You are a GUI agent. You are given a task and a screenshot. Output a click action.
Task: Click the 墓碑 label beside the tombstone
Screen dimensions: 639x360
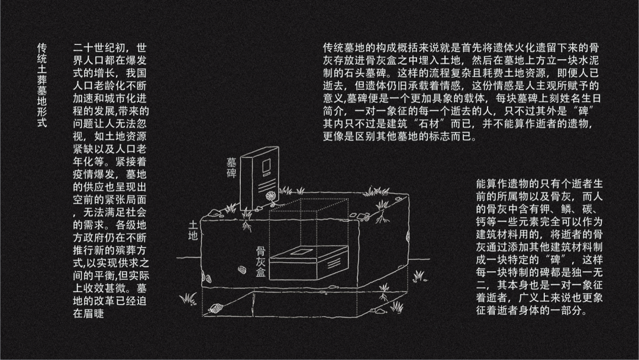tap(231, 168)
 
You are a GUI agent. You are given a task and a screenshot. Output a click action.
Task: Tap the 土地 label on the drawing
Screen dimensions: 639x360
tap(193, 231)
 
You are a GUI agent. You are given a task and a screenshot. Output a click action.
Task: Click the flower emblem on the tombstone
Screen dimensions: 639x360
tap(270, 194)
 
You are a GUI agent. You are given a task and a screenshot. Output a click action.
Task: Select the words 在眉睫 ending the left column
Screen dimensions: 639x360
tap(89, 314)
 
